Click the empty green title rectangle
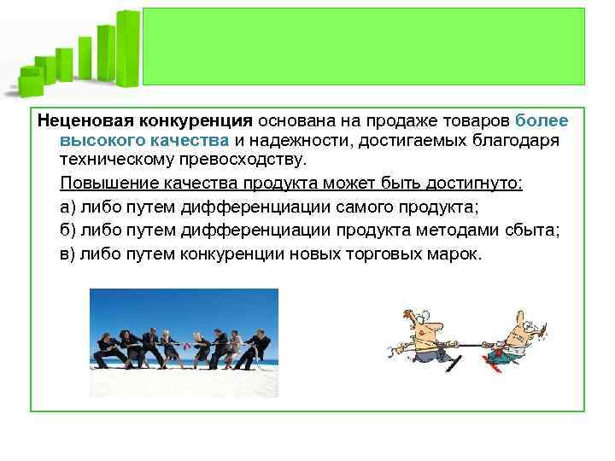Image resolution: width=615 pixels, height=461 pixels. coord(363,46)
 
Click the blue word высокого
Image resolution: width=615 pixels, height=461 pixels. coord(100,141)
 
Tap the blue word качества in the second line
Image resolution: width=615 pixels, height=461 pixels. coord(186,141)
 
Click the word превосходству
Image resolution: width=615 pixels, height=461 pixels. coord(238,160)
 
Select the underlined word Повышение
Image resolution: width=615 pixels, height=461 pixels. coord(102,184)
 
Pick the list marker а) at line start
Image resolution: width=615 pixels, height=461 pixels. coord(68,207)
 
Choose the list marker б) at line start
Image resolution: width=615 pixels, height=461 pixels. coord(68,230)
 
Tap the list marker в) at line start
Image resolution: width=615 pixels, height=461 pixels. coord(68,254)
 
